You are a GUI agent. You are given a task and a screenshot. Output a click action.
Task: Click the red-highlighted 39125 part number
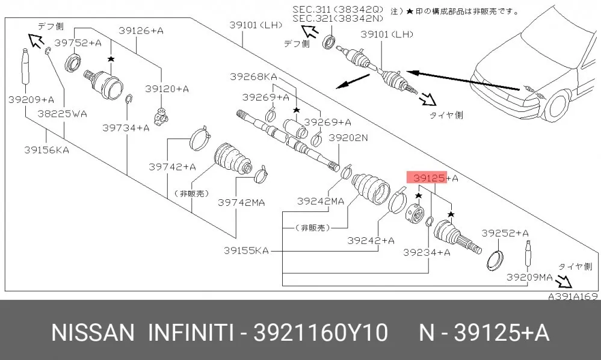tap(429, 178)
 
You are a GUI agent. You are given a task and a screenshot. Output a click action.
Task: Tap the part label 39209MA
tap(529, 277)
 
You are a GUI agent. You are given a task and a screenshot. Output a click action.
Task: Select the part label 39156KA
tap(47, 150)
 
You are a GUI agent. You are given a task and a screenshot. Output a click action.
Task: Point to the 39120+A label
tap(167, 89)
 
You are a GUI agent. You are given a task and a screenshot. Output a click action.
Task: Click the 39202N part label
tap(348, 138)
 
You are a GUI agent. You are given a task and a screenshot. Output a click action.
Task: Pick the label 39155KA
tap(246, 250)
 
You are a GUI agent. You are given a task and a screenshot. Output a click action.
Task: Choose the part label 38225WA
tap(62, 114)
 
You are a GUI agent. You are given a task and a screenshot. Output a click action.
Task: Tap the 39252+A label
tap(505, 233)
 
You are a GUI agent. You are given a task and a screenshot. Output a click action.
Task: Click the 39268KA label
tap(253, 76)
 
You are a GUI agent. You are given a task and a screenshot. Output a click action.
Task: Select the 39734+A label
tap(126, 128)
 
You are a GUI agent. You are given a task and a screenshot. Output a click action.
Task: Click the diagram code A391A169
tap(573, 296)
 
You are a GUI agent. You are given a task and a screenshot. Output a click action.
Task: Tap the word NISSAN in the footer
tap(93, 332)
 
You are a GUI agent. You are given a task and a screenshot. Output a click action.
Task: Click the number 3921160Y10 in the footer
tap(321, 332)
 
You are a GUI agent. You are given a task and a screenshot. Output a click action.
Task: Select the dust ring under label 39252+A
tap(495, 259)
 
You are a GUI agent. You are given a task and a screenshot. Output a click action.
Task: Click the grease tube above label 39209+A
tap(26, 66)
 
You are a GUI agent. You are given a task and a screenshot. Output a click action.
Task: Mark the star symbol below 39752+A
tap(111, 59)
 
